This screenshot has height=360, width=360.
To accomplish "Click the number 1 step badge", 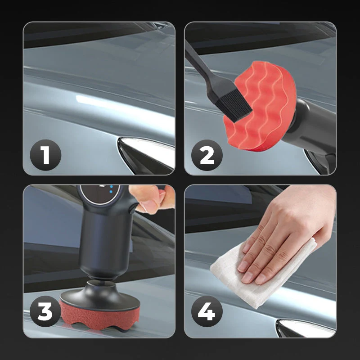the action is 45,155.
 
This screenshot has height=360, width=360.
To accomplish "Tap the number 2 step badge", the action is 207,155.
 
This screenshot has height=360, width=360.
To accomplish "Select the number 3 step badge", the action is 45,311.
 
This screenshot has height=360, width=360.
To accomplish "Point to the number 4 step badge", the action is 207,311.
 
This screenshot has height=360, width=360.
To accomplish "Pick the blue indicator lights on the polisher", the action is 111,189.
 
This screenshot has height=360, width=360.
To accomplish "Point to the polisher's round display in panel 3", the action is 100,194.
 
